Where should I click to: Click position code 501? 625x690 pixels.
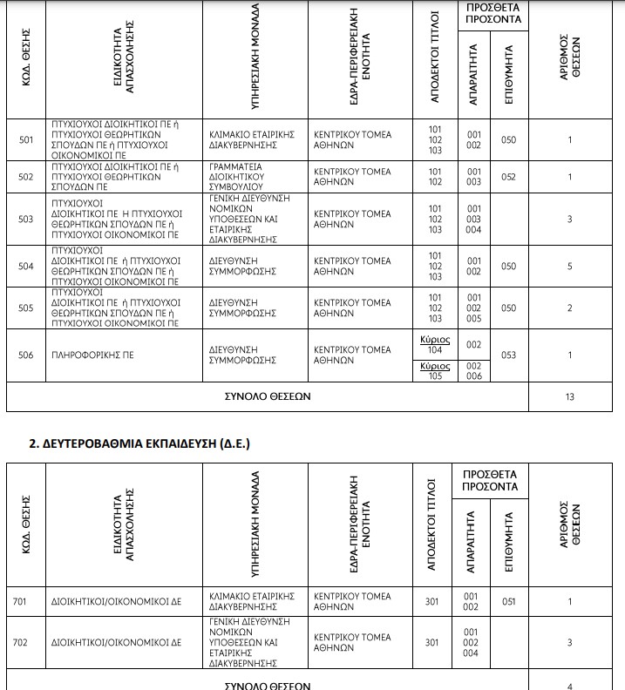pyautogui.click(x=26, y=139)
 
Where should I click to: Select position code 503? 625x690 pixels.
pyautogui.click(x=26, y=219)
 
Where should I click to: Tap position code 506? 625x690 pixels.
pyautogui.click(x=26, y=355)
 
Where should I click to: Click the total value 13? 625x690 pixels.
pyautogui.click(x=570, y=396)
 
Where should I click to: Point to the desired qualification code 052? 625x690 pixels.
pyautogui.click(x=509, y=177)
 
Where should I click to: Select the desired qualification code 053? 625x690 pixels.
pyautogui.click(x=509, y=355)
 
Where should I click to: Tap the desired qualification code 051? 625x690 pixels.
pyautogui.click(x=509, y=601)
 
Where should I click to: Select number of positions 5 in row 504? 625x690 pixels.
pyautogui.click(x=570, y=267)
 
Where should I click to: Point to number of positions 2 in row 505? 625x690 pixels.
pyautogui.click(x=570, y=308)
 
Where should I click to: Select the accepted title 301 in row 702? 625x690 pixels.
pyautogui.click(x=431, y=643)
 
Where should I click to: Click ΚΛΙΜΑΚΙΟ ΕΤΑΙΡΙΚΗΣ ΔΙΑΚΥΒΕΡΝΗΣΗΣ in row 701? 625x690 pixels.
pyautogui.click(x=253, y=601)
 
